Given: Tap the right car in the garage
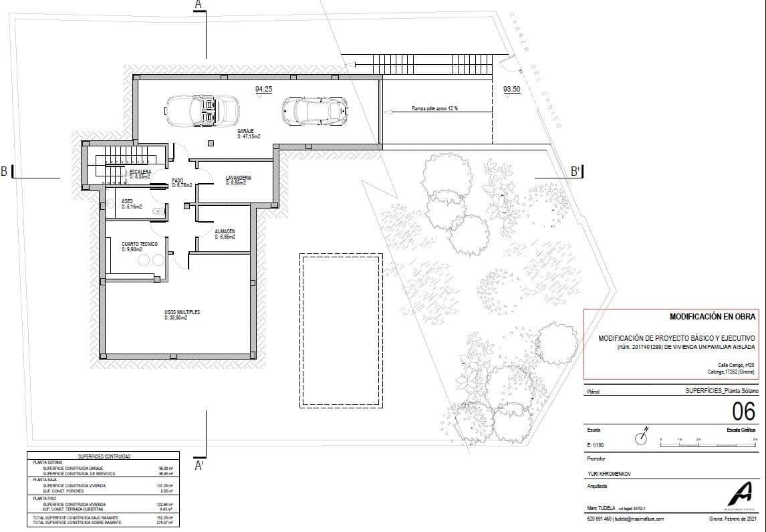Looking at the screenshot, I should coord(314,110).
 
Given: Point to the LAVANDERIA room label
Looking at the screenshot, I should coord(238,178).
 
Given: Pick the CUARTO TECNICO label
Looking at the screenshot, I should coord(139,245).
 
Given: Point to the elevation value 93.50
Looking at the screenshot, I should coord(512,89).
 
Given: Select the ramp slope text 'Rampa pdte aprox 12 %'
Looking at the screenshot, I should coord(434,108).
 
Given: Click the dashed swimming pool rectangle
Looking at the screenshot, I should coord(342,330).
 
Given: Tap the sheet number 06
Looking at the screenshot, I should coord(743,411).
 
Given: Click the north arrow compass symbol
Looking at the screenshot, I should coord(643,438).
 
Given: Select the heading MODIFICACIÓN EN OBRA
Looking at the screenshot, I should coord(712,316).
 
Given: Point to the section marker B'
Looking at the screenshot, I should coord(576,172).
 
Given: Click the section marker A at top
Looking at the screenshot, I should coord(198,5).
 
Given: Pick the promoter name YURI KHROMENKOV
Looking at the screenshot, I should coord(608,474).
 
